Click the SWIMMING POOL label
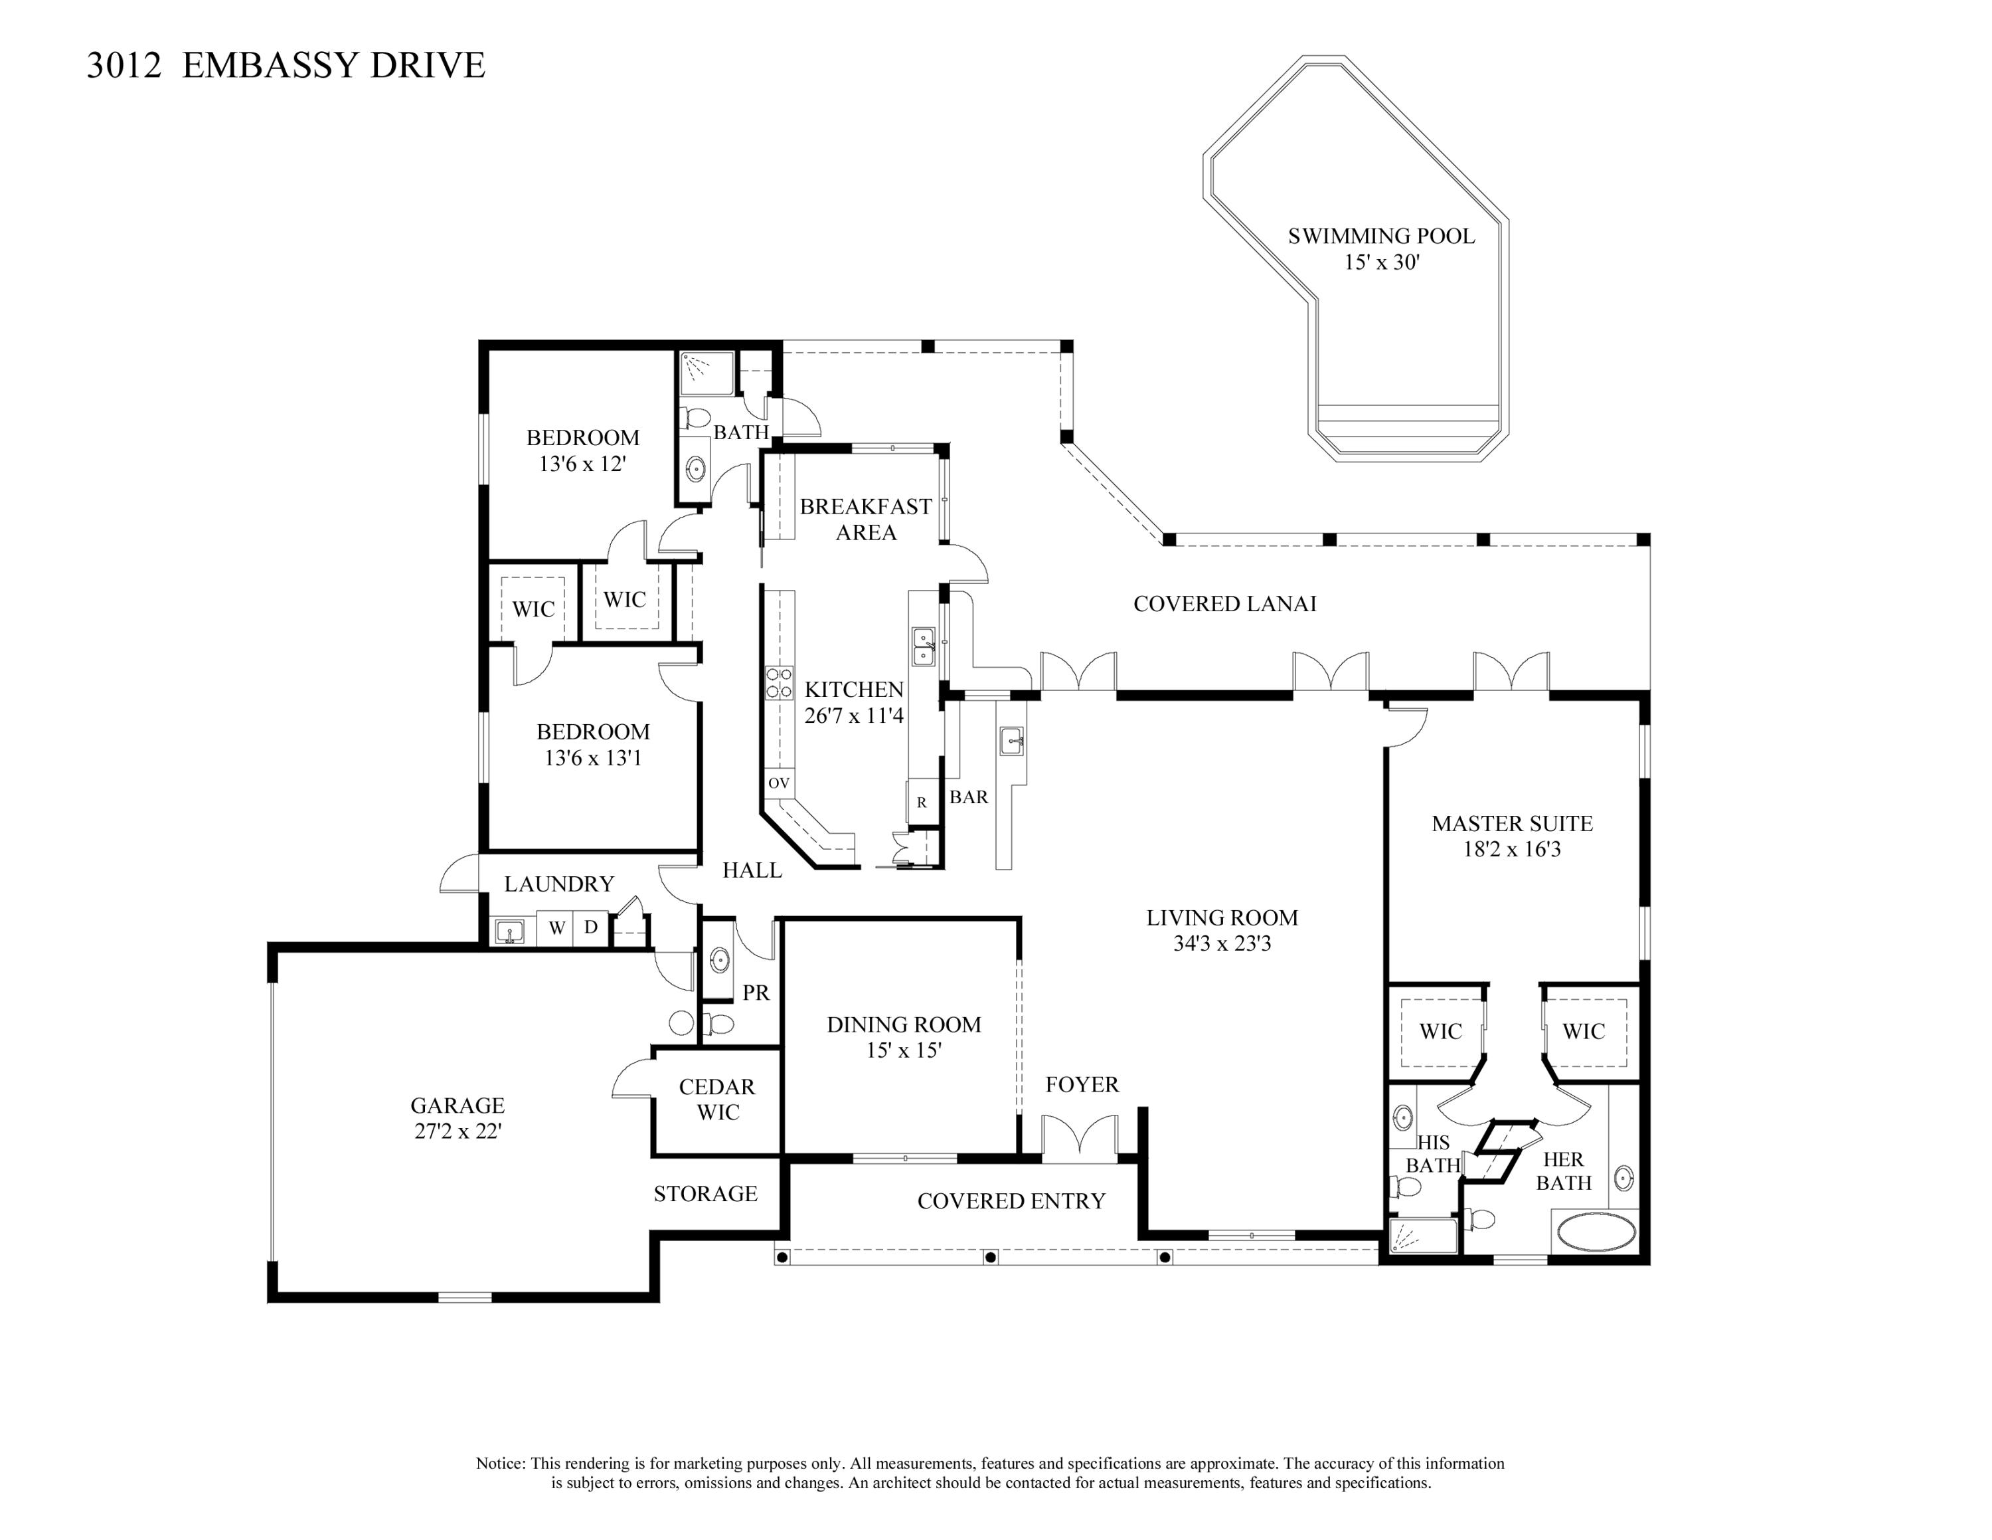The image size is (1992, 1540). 1381,237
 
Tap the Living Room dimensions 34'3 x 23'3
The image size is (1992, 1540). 1222,943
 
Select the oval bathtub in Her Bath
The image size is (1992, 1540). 1596,1230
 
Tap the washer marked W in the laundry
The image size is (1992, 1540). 556,929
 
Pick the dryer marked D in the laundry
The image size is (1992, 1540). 591,928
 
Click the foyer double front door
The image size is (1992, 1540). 1080,1137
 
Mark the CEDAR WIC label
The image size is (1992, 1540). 718,1100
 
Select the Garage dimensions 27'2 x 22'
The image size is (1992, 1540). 458,1131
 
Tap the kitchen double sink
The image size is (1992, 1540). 923,646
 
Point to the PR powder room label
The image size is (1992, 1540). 756,993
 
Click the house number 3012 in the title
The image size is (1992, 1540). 124,66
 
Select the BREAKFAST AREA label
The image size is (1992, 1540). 866,519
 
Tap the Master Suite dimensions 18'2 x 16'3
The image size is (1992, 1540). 1512,849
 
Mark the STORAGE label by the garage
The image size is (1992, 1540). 706,1193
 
